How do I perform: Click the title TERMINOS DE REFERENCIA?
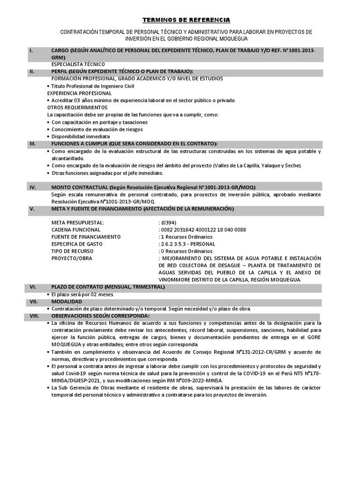click(186, 20)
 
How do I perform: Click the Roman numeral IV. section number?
click(33, 187)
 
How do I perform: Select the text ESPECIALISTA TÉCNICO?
click(78, 64)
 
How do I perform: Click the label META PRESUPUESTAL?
click(78, 222)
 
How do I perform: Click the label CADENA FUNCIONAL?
click(76, 230)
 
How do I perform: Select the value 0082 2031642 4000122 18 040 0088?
click(202, 230)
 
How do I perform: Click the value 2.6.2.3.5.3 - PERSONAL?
click(187, 244)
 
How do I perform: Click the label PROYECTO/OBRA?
click(72, 258)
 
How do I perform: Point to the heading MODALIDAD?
click(67, 301)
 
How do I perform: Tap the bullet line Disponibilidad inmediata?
click(77, 136)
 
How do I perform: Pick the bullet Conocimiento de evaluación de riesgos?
click(97, 129)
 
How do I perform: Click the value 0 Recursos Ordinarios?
click(186, 251)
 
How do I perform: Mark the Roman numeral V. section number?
click(32, 208)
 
